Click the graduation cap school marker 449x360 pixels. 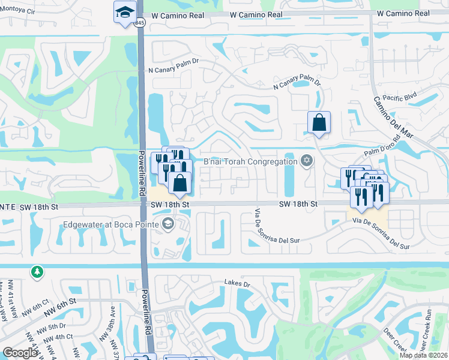tap(125, 13)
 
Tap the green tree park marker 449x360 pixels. tap(37, 272)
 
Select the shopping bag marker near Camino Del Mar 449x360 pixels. tap(319, 123)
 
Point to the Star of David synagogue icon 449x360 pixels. tap(307, 160)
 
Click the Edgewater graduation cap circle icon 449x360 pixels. tap(168, 225)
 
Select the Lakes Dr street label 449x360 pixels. tap(237, 282)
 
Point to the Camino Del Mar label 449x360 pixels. tap(394, 117)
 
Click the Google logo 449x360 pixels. tap(20, 353)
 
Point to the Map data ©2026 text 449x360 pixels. tap(423, 355)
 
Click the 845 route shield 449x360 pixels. tap(140, 22)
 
